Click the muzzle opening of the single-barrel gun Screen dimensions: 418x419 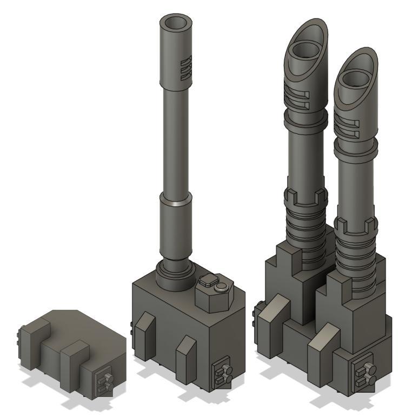(176, 24)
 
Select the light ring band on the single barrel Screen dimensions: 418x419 (176, 204)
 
